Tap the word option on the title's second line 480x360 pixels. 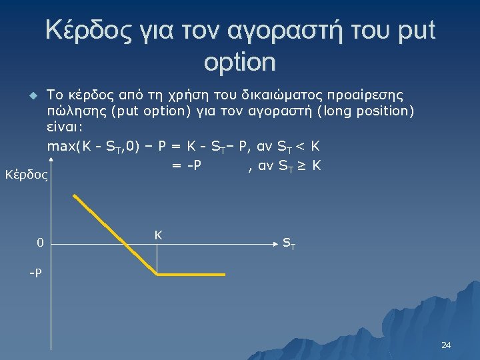point(239,62)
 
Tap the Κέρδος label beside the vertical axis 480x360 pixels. point(26,176)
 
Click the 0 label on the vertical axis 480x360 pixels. point(40,243)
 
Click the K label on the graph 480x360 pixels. point(158,235)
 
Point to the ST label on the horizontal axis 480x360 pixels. point(289,244)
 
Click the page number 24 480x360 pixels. point(446,345)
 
